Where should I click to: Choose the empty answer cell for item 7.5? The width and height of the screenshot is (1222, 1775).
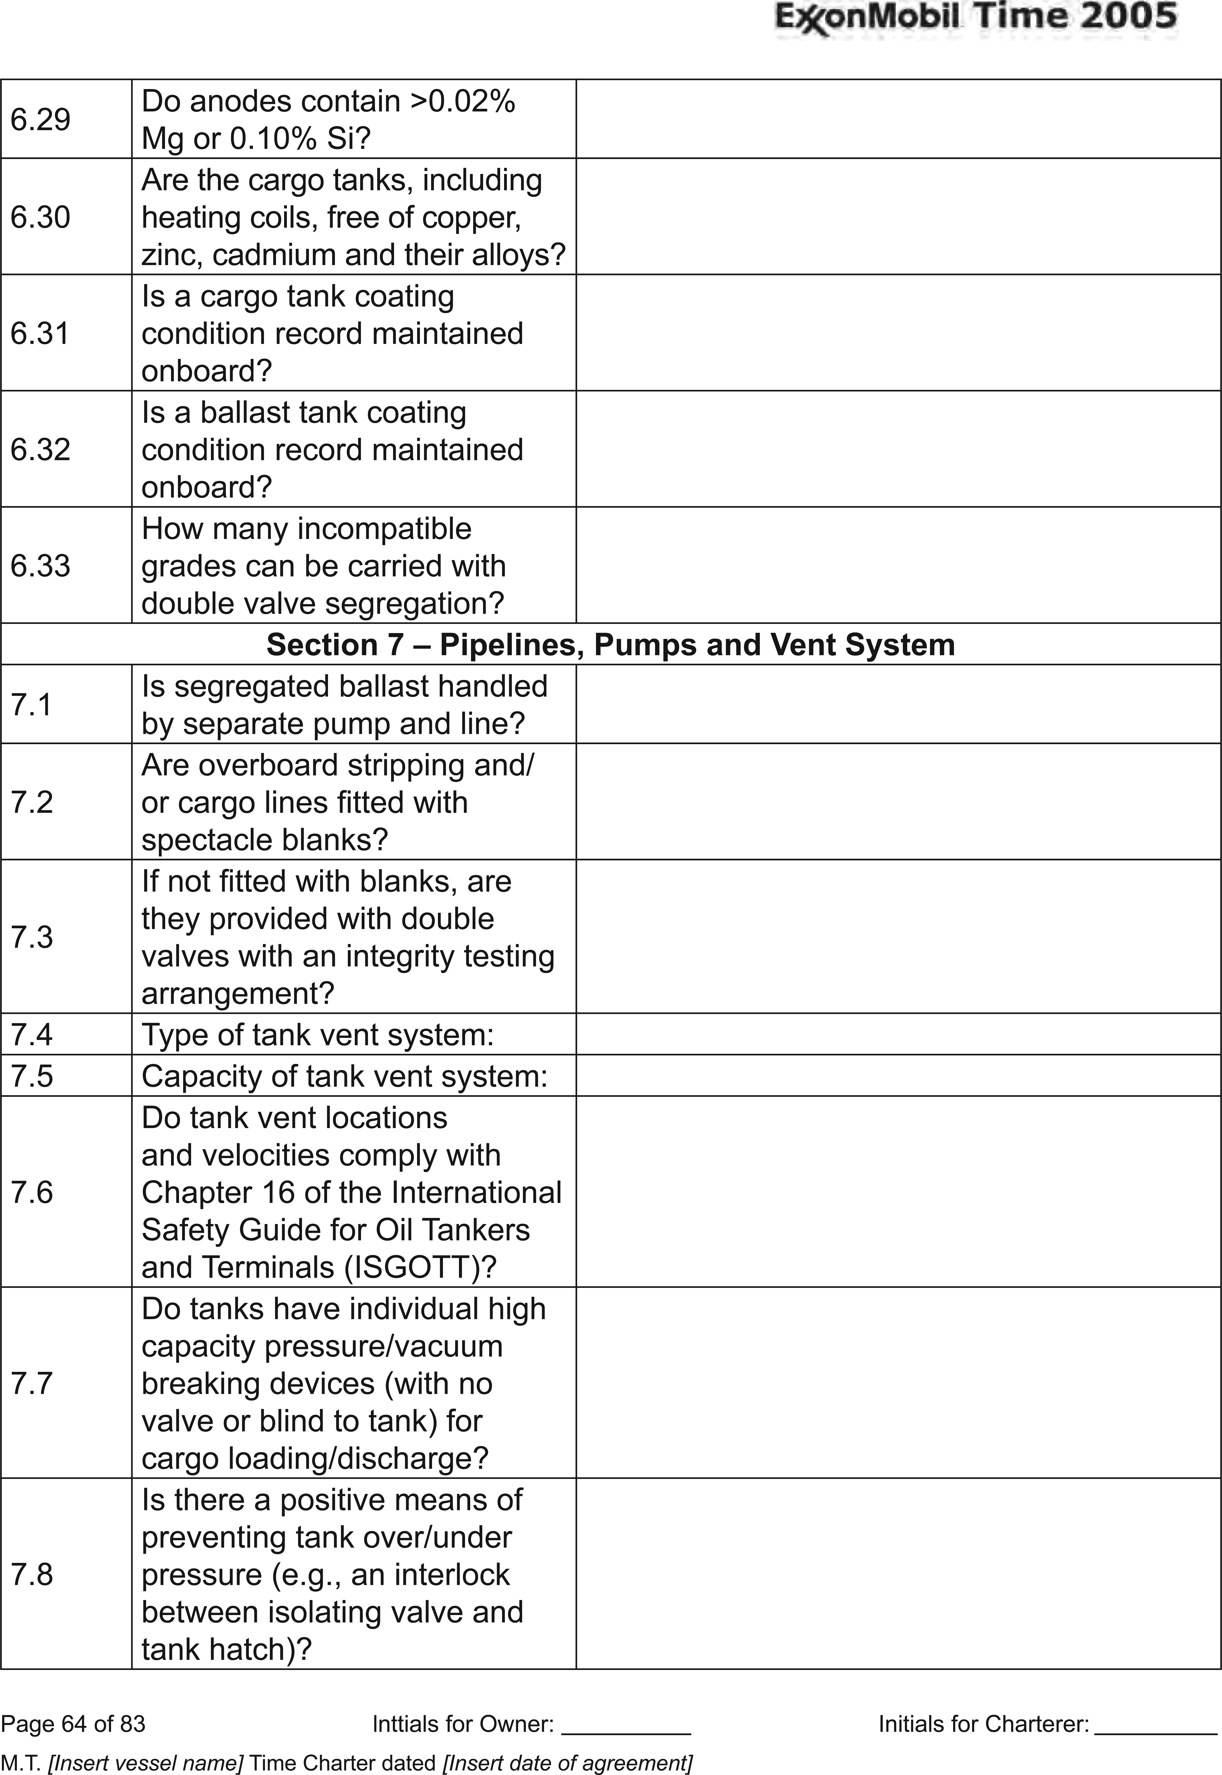point(897,1076)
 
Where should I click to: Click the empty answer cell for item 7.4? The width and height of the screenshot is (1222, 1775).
point(897,1035)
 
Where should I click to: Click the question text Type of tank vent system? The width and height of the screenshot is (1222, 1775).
point(318,1035)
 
